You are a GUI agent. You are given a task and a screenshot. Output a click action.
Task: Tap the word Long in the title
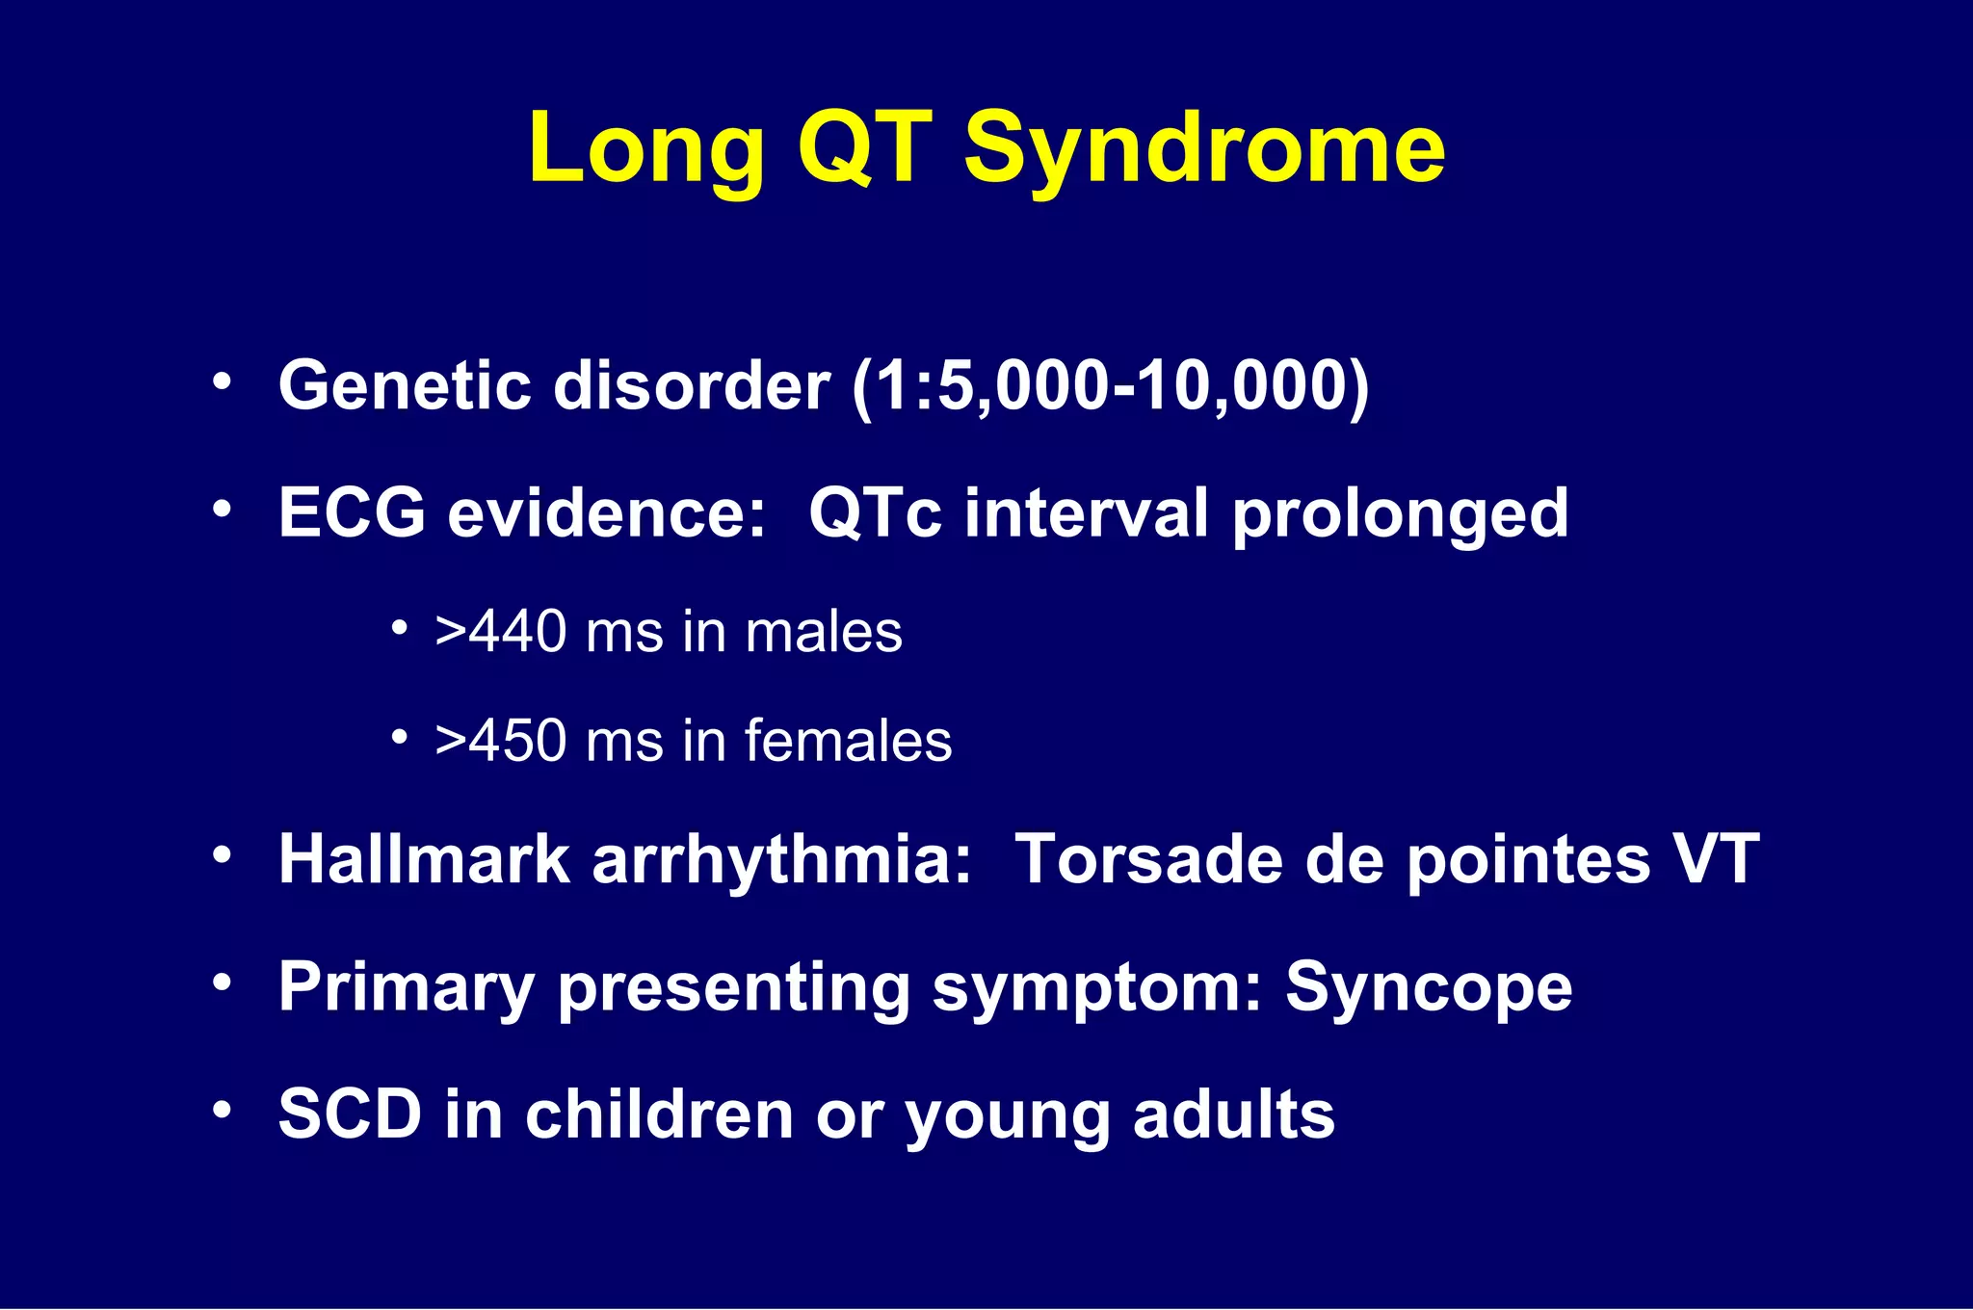pyautogui.click(x=645, y=149)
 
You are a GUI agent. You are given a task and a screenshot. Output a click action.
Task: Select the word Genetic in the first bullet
pyautogui.click(x=405, y=385)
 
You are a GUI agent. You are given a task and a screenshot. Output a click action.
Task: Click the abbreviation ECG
pyautogui.click(x=352, y=512)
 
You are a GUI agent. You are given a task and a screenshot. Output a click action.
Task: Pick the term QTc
pyautogui.click(x=874, y=512)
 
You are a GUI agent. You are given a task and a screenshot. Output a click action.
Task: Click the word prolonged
pyautogui.click(x=1401, y=514)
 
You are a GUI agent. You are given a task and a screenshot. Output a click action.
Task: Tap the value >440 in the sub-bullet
pyautogui.click(x=500, y=633)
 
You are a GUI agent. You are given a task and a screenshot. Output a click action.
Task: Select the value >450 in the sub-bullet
pyautogui.click(x=500, y=741)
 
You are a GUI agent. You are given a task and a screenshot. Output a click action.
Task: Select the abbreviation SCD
pyautogui.click(x=350, y=1114)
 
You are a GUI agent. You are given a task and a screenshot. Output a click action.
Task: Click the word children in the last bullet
pyautogui.click(x=660, y=1114)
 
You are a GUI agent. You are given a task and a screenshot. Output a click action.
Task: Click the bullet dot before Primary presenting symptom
pyautogui.click(x=223, y=983)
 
